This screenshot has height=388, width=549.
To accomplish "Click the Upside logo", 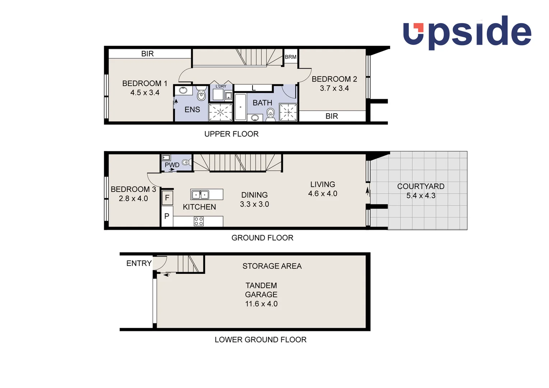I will (x=467, y=32).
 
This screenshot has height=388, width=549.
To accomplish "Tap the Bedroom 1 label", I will (x=145, y=83).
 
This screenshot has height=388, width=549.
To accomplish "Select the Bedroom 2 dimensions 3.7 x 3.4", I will (x=334, y=88).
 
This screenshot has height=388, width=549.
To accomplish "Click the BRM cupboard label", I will (x=290, y=57).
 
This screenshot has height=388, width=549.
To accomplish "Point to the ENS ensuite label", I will (x=192, y=110).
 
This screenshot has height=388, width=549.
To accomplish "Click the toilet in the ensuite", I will (x=201, y=95).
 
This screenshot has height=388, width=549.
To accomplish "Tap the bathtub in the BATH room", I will (x=240, y=107).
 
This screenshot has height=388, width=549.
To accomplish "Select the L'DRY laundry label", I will (x=221, y=86).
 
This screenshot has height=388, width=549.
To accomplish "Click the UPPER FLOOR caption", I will (x=231, y=134).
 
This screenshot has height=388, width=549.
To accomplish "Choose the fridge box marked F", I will (x=167, y=198).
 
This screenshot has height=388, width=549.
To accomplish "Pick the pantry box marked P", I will (x=167, y=216).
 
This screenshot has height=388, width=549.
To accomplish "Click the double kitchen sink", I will (x=200, y=195).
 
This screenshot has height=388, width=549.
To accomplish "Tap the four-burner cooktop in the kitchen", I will (x=199, y=221).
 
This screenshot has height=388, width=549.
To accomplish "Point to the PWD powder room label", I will (x=172, y=165).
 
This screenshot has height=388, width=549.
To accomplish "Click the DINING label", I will (x=254, y=195).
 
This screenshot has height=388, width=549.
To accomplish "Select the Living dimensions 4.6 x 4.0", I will (x=323, y=194).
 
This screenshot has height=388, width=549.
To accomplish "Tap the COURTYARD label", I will (x=421, y=186).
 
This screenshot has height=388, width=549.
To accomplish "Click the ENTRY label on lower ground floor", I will (x=139, y=263).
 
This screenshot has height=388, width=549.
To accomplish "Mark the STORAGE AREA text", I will (x=272, y=266).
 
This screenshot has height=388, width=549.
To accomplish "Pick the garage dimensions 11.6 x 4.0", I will (x=261, y=304).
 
